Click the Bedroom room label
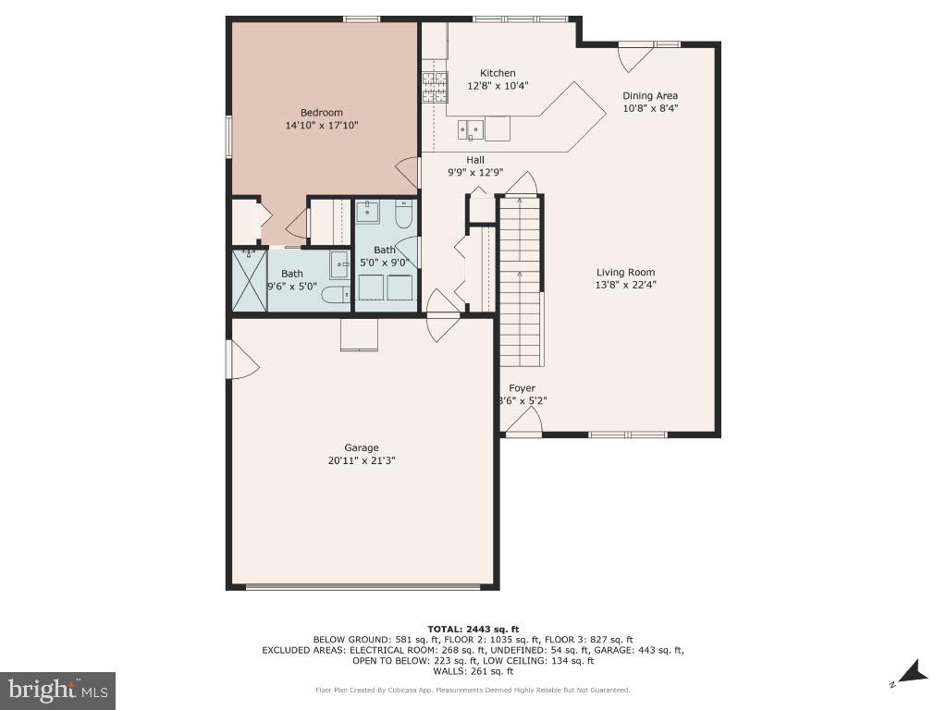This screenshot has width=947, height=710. click(321, 113)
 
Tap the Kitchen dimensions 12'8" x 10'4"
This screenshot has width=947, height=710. click(498, 86)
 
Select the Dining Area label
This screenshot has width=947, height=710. click(649, 95)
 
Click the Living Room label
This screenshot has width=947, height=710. click(625, 272)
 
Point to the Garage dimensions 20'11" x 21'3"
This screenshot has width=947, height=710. click(361, 460)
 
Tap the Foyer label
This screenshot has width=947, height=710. click(522, 388)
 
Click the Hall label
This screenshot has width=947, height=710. click(475, 159)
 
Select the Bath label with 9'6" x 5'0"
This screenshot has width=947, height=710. click(291, 274)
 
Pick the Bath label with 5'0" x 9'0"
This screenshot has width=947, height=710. click(384, 250)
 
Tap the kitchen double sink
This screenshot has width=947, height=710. click(471, 129)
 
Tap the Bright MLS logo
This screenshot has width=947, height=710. click(57, 690)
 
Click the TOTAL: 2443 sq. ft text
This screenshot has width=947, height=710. click(473, 628)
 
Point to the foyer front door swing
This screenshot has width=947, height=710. click(524, 422)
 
